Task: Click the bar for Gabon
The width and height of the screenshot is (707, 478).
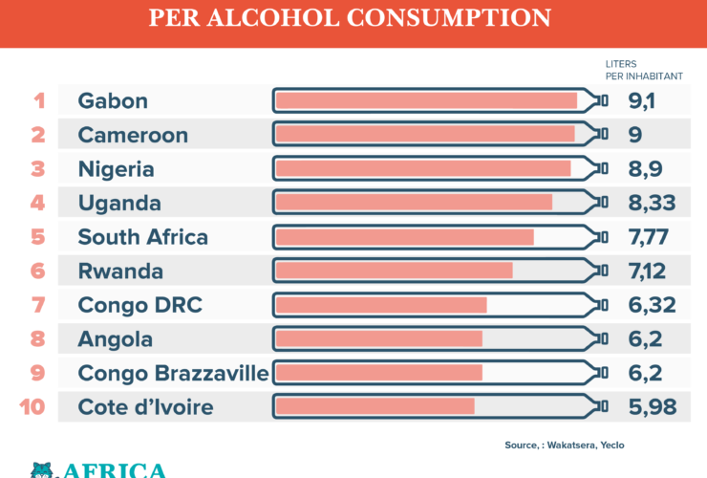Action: (x=425, y=100)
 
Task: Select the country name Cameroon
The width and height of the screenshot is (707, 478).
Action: (x=133, y=135)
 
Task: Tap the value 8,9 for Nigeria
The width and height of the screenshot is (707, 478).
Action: (x=645, y=169)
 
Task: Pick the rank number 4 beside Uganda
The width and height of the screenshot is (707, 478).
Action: (x=38, y=203)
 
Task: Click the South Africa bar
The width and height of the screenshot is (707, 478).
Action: (x=404, y=237)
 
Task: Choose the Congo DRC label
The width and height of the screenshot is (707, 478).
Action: (x=139, y=305)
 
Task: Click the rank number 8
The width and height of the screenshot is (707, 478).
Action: (x=38, y=338)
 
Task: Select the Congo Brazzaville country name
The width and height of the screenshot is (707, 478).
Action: (x=173, y=373)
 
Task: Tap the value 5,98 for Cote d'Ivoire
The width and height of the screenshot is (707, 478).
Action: (x=653, y=407)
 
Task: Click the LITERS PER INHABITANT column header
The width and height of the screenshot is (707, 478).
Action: (x=644, y=70)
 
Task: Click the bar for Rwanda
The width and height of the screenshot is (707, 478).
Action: (x=394, y=271)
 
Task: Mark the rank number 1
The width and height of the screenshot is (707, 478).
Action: (x=39, y=100)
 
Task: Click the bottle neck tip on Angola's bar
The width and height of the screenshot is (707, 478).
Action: (x=602, y=338)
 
